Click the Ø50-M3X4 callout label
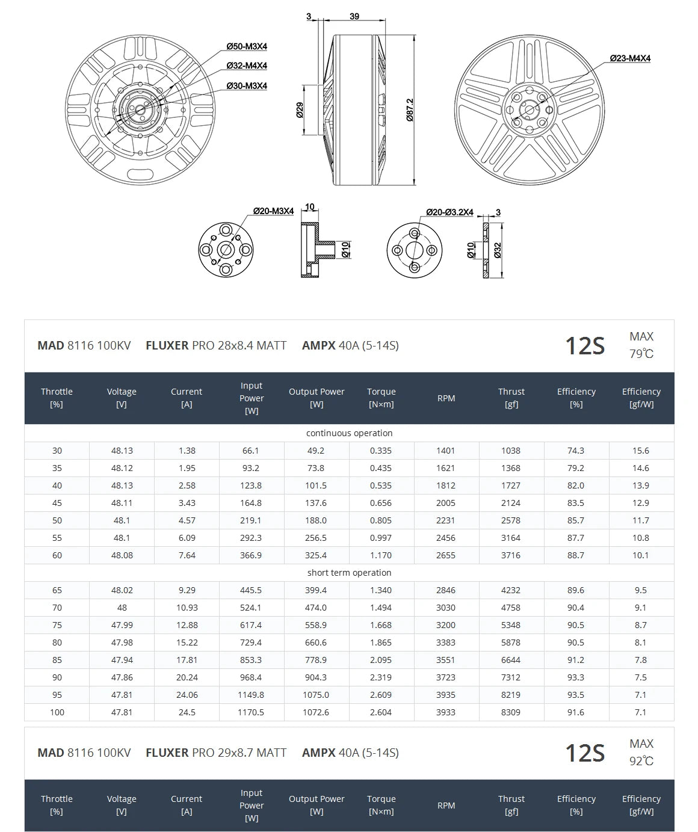coord(247,46)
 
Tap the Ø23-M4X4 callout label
coord(630,58)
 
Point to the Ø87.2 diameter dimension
coord(410,110)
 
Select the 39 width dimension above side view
coord(354,16)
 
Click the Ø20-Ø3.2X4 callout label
coord(449,212)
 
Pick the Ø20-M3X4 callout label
coord(273,211)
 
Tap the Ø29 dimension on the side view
coord(300,110)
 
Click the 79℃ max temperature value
coord(641,354)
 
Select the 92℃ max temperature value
coord(641,761)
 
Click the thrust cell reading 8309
coord(511,712)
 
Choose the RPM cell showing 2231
coord(446,520)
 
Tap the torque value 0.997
coord(381,538)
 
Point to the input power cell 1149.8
coord(251,695)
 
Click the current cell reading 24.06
coord(187,695)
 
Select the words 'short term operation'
coord(349,573)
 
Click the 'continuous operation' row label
coord(349,433)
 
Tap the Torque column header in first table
coord(381,398)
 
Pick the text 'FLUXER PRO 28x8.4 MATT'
coord(216,346)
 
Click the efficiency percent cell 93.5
coord(576,695)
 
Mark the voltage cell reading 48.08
coord(122,555)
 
